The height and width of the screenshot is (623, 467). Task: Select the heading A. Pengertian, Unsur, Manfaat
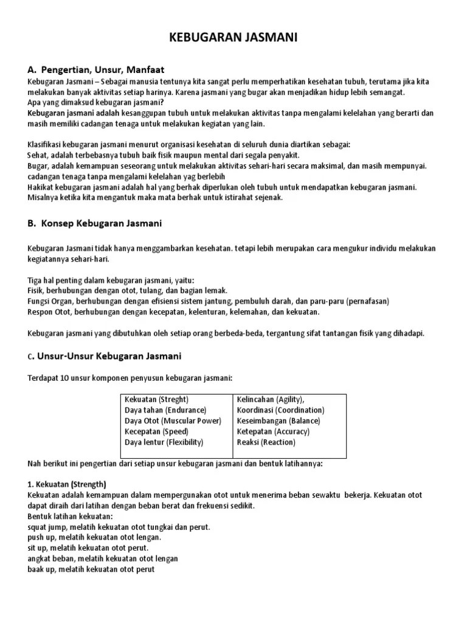click(96, 69)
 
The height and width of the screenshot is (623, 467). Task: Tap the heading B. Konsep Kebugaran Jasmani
click(94, 223)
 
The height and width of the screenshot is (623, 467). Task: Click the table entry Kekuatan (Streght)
click(156, 399)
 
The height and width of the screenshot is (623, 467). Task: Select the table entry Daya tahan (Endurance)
click(165, 410)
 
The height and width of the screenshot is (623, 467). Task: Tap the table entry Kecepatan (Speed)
click(156, 431)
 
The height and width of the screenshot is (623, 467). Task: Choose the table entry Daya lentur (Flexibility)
click(164, 442)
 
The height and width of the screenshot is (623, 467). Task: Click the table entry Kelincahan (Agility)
click(271, 399)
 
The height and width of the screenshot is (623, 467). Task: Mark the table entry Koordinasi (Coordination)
click(280, 410)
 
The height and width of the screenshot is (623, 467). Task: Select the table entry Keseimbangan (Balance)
click(278, 420)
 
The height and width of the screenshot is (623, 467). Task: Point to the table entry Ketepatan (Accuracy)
click(273, 431)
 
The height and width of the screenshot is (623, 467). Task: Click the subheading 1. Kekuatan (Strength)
click(67, 484)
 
